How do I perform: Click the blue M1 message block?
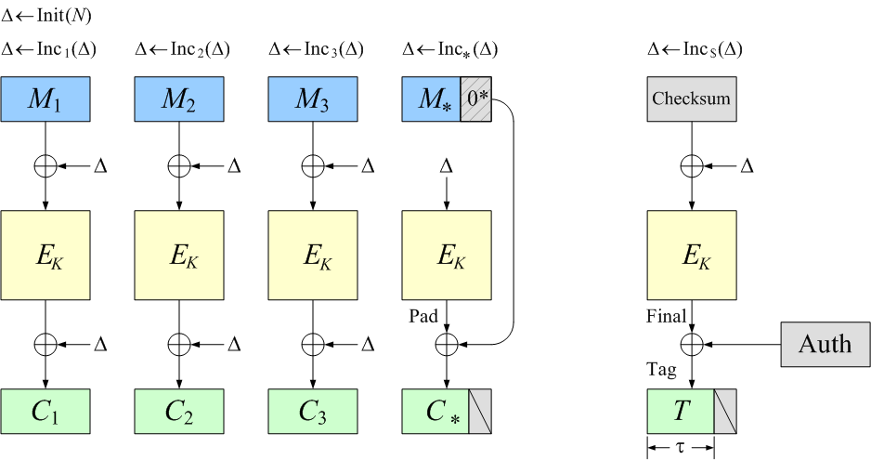pyautogui.click(x=45, y=99)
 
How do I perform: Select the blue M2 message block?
pyautogui.click(x=179, y=99)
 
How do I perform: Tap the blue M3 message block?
pyautogui.click(x=312, y=99)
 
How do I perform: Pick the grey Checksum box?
pyautogui.click(x=691, y=99)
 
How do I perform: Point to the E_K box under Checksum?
pyautogui.click(x=691, y=256)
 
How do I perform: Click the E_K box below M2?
pyautogui.click(x=179, y=256)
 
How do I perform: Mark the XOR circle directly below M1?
pyautogui.click(x=45, y=166)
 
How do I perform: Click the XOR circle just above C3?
pyautogui.click(x=312, y=344)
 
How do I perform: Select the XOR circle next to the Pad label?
pyautogui.click(x=447, y=344)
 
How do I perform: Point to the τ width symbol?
pyautogui.click(x=680, y=448)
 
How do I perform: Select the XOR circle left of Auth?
pyautogui.click(x=691, y=344)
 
